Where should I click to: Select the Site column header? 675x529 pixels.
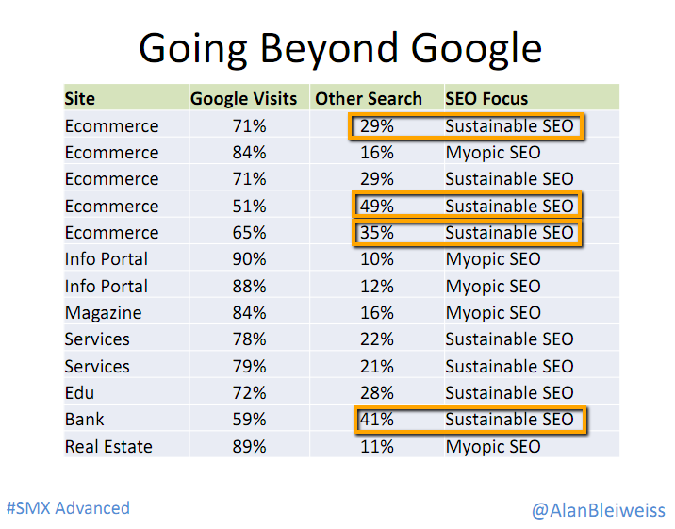pyautogui.click(x=79, y=98)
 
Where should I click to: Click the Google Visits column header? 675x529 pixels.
pyautogui.click(x=243, y=98)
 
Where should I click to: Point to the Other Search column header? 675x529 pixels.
pyautogui.click(x=369, y=98)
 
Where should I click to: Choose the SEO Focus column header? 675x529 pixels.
pyautogui.click(x=486, y=98)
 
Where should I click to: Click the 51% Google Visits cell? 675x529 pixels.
pyautogui.click(x=249, y=206)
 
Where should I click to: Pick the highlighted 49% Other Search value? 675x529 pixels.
pyautogui.click(x=376, y=206)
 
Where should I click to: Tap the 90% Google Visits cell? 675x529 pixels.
pyautogui.click(x=249, y=259)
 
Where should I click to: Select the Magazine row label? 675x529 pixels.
pyautogui.click(x=103, y=313)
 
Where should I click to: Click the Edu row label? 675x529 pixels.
pyautogui.click(x=80, y=392)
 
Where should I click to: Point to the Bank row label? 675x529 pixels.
pyautogui.click(x=85, y=420)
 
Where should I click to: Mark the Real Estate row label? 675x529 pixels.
pyautogui.click(x=108, y=446)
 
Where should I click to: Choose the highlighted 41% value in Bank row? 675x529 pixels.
pyautogui.click(x=376, y=420)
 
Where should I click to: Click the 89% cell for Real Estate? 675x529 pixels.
pyautogui.click(x=249, y=446)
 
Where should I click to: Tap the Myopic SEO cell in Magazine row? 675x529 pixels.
pyautogui.click(x=493, y=313)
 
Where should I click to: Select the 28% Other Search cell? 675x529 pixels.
pyautogui.click(x=376, y=392)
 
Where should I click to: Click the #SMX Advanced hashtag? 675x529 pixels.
pyautogui.click(x=68, y=507)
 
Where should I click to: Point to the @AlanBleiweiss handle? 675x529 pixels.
pyautogui.click(x=598, y=510)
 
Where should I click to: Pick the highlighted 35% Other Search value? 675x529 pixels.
pyautogui.click(x=376, y=233)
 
